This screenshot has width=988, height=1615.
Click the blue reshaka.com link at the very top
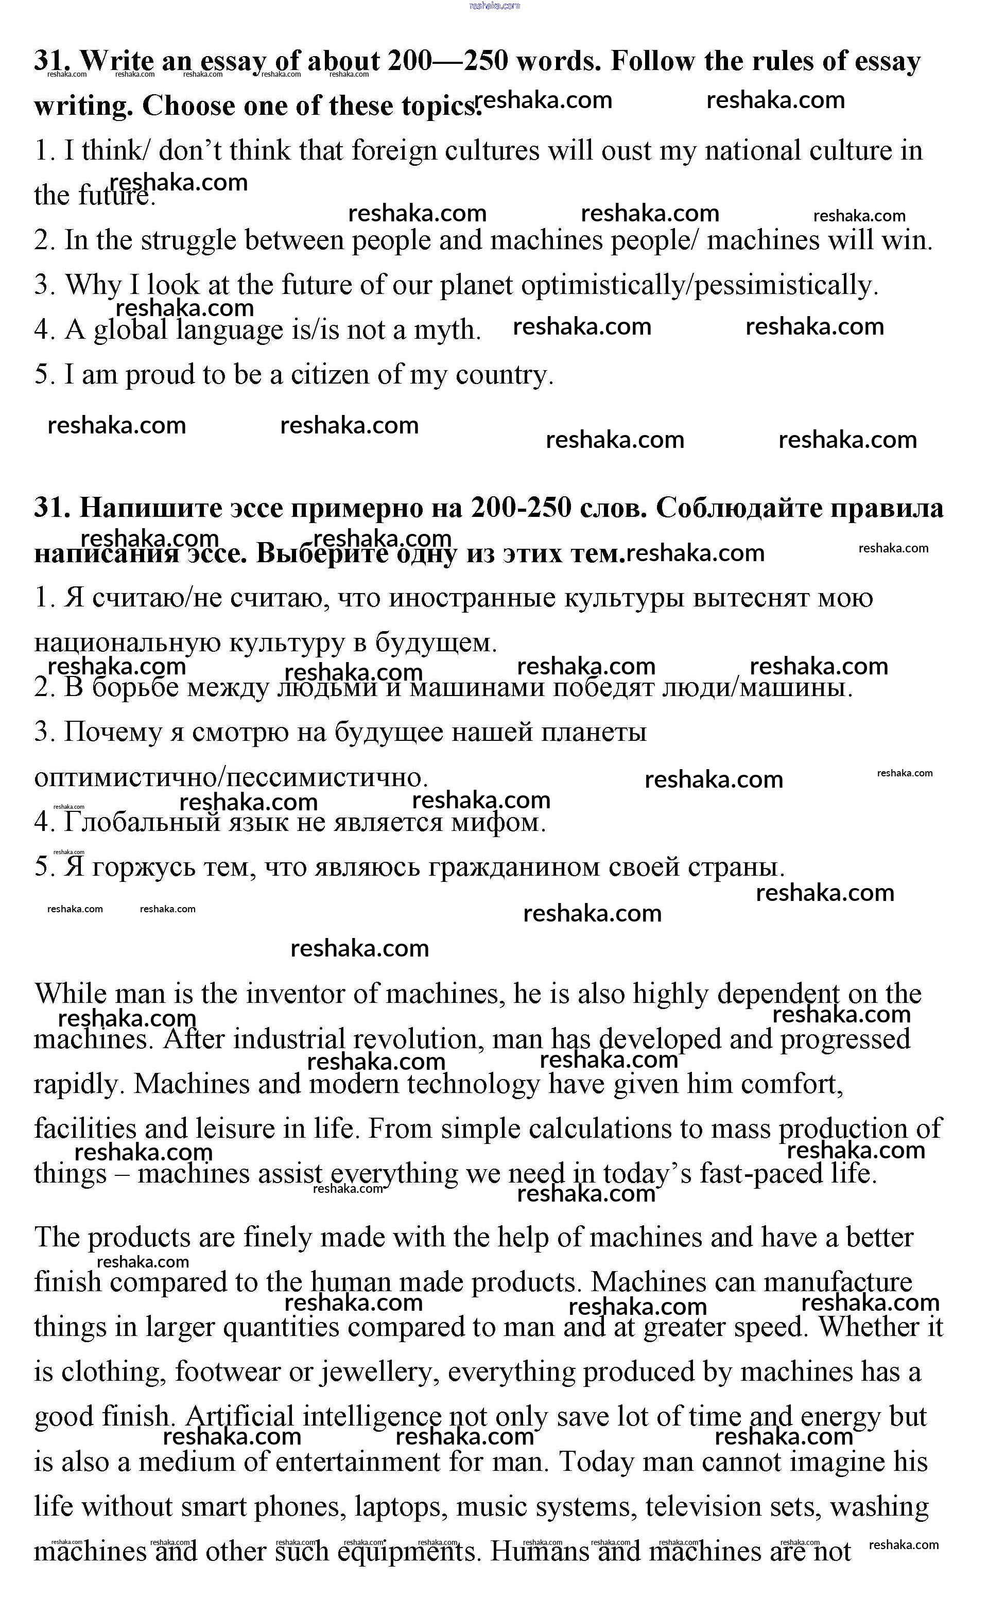coord(494,6)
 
